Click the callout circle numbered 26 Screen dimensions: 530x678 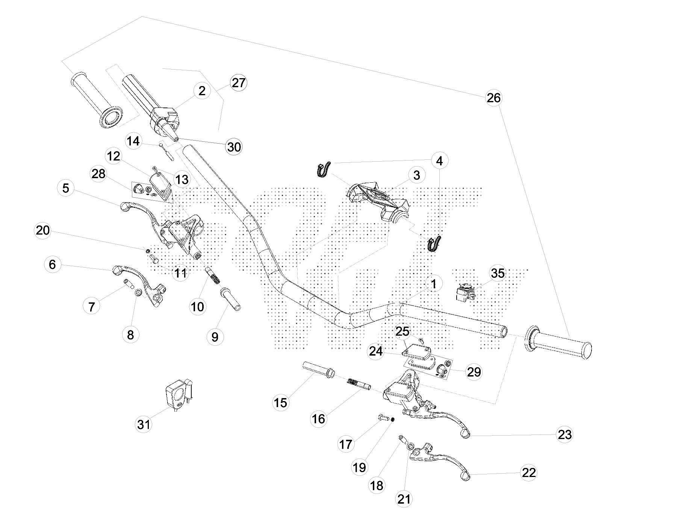coord(493,98)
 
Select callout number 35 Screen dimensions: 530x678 coord(498,273)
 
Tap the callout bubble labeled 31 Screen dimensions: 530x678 coord(144,424)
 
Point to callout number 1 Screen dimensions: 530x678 coord(434,284)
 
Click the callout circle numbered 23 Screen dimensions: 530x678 coord(565,435)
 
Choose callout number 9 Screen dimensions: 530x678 coord(215,337)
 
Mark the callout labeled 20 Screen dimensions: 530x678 coord(42,230)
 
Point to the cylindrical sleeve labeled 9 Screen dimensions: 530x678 coord(230,299)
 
